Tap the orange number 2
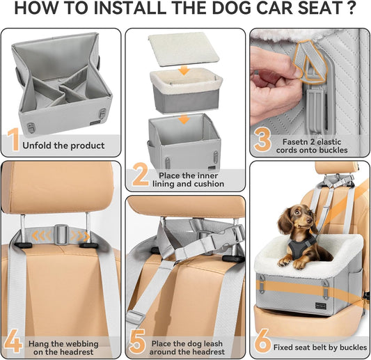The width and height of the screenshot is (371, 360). pyautogui.click(x=140, y=178)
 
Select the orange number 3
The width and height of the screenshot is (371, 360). pyautogui.click(x=262, y=139)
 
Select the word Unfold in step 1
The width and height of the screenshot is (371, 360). pyautogui.click(x=38, y=146)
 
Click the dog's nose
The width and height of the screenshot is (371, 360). pyautogui.click(x=296, y=226)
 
